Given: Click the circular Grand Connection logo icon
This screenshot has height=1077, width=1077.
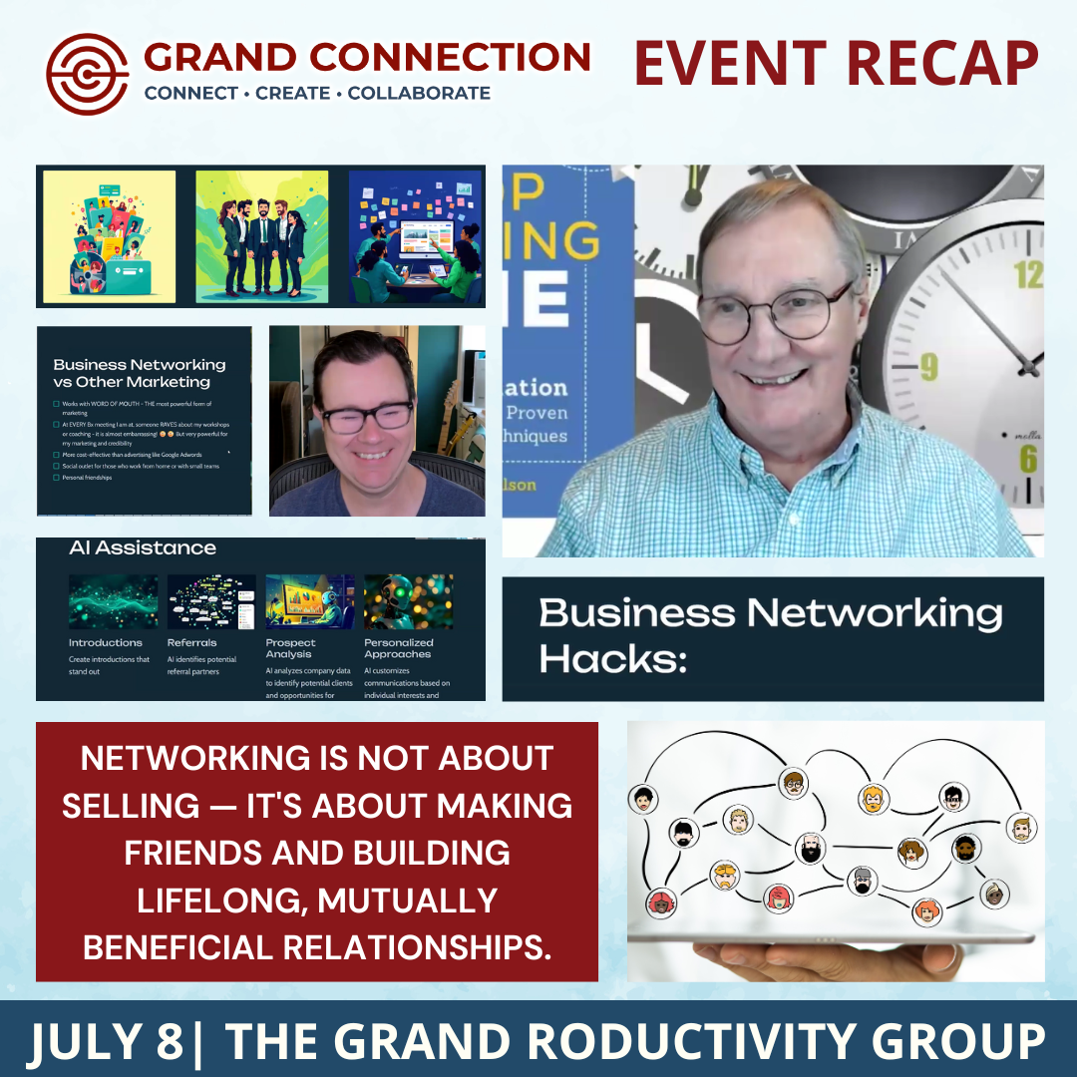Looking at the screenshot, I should point(88,75).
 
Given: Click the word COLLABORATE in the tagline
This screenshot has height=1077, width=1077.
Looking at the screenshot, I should point(419,94).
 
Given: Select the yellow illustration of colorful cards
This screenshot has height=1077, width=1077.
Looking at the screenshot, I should point(109,236).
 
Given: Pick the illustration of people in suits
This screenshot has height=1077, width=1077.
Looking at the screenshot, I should point(261,236).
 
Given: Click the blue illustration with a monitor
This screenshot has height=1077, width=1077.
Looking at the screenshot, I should point(415,236).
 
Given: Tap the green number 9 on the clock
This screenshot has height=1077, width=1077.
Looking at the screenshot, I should point(928,367).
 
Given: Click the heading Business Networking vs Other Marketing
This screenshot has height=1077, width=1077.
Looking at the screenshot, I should point(140,373).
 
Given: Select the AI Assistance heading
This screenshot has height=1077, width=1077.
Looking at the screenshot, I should point(143,547).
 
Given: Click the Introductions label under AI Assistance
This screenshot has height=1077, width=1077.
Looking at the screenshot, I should point(106,643).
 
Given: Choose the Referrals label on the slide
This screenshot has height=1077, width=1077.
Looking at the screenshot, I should point(192,643).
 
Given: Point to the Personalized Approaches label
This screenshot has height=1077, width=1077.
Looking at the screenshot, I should point(398,648).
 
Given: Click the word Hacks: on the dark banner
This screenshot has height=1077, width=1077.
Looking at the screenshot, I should point(613,659).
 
